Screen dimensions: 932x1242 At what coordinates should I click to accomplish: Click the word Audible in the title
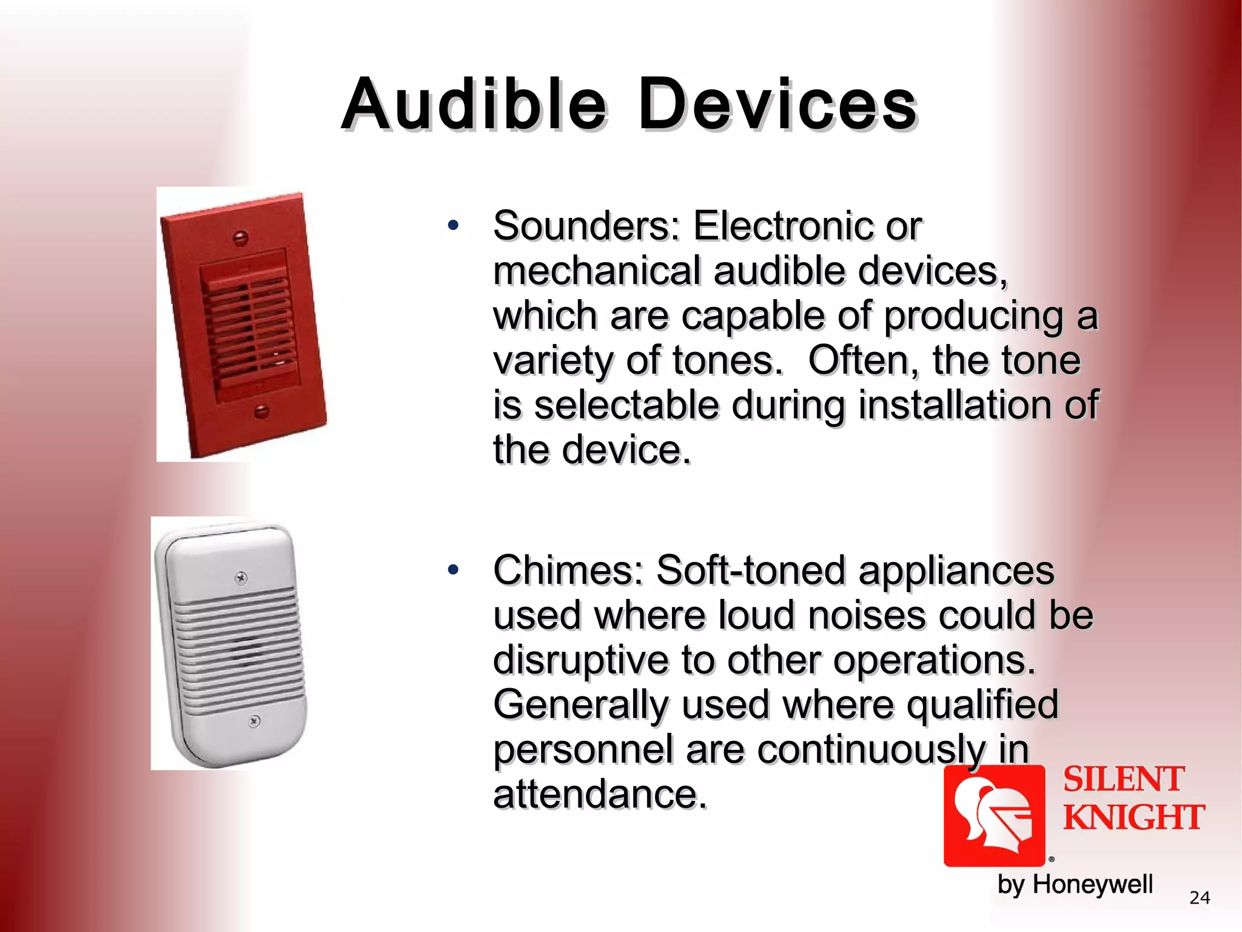[473, 104]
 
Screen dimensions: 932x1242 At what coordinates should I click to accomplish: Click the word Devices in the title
[777, 104]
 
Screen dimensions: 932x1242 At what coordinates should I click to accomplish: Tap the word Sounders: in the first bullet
[586, 226]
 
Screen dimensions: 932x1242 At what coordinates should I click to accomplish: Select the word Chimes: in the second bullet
[568, 571]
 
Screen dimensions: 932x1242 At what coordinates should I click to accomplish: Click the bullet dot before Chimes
[453, 570]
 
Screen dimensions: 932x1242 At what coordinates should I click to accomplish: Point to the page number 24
[1200, 897]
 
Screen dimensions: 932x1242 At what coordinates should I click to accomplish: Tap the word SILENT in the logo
[1123, 780]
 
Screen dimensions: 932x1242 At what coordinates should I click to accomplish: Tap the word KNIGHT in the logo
[1133, 817]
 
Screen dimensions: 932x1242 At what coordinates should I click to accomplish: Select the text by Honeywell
[1075, 884]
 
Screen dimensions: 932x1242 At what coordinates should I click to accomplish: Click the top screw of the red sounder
[240, 238]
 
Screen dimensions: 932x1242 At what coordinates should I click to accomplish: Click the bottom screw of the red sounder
[261, 411]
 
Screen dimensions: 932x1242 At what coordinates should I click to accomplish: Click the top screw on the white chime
[241, 578]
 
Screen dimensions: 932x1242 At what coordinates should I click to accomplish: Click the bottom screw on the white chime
[255, 721]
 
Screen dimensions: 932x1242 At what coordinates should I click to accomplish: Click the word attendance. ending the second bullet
[600, 794]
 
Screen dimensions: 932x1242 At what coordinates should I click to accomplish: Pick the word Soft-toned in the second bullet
[751, 571]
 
